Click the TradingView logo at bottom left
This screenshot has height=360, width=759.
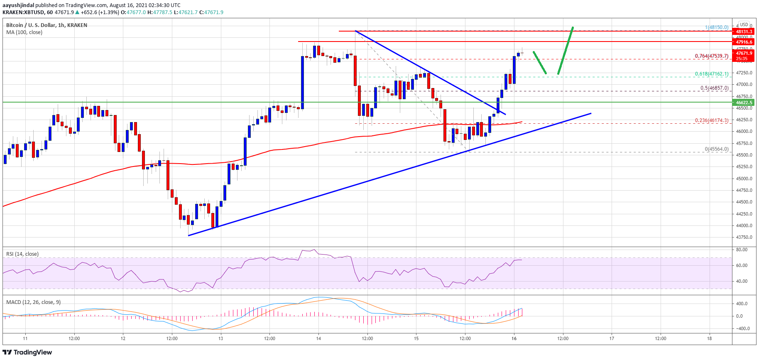point(27,353)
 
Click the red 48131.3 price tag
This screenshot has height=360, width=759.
point(744,32)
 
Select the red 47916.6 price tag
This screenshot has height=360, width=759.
point(744,42)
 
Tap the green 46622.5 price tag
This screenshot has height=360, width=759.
point(744,103)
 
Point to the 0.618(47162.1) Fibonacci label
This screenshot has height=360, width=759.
point(712,74)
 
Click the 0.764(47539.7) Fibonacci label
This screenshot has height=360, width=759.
point(712,56)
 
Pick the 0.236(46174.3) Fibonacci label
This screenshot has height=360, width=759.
point(712,120)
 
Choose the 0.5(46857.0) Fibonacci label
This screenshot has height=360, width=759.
point(714,88)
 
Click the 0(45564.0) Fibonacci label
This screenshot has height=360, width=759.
point(716,149)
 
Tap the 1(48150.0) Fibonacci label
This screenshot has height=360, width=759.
point(716,27)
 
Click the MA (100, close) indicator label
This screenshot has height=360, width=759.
point(24,32)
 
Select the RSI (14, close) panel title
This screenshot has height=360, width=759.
point(22,254)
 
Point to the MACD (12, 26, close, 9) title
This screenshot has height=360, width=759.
point(33,302)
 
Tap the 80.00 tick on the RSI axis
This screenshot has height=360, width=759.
point(742,250)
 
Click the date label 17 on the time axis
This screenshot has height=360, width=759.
point(612,338)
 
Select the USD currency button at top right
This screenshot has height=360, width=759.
point(744,24)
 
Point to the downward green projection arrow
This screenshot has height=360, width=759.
point(539,63)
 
